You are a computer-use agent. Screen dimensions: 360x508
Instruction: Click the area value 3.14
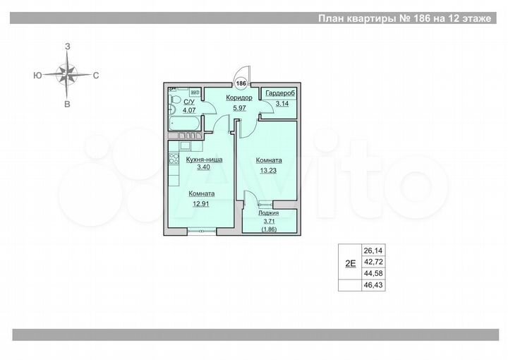tap(282, 104)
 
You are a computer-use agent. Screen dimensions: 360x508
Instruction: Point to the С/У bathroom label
tap(189, 102)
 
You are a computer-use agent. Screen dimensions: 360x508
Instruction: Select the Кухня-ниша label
tap(204, 160)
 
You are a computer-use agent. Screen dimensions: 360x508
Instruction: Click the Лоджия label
tap(268, 212)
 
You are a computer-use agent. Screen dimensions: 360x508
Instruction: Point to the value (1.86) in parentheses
tap(268, 229)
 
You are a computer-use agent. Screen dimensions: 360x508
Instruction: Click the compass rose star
tap(67, 73)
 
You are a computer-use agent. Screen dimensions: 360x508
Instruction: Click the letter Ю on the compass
tap(35, 74)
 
